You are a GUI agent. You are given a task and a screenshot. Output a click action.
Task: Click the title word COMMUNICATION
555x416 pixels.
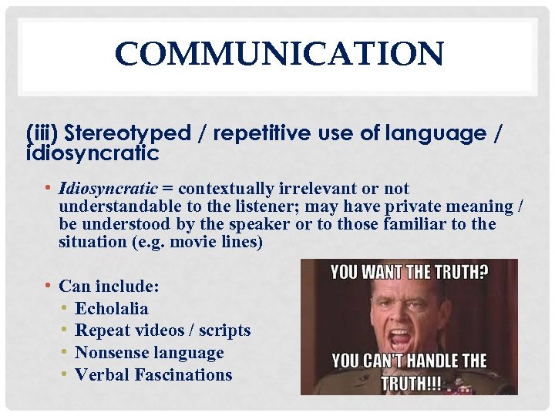click(278, 55)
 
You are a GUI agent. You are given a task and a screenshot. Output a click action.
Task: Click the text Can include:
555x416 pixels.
click(109, 287)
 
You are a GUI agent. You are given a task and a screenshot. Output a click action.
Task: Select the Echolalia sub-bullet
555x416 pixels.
click(112, 309)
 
